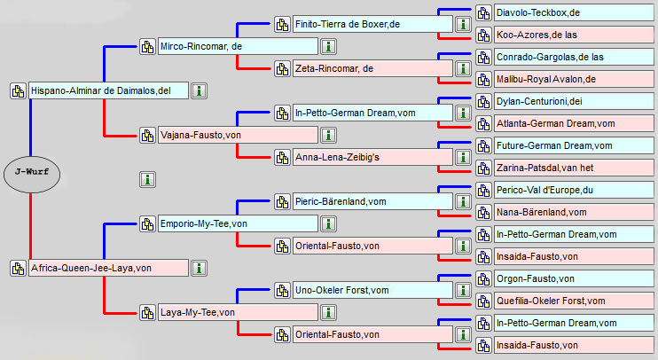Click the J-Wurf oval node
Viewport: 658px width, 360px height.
click(31, 172)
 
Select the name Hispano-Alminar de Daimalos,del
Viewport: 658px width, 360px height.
click(100, 90)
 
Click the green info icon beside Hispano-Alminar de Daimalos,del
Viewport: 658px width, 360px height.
click(200, 90)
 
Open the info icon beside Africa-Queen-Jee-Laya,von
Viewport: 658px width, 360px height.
click(200, 268)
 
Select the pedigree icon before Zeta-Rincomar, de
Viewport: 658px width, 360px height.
click(282, 68)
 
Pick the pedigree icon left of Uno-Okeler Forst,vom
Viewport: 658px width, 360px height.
click(282, 290)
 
